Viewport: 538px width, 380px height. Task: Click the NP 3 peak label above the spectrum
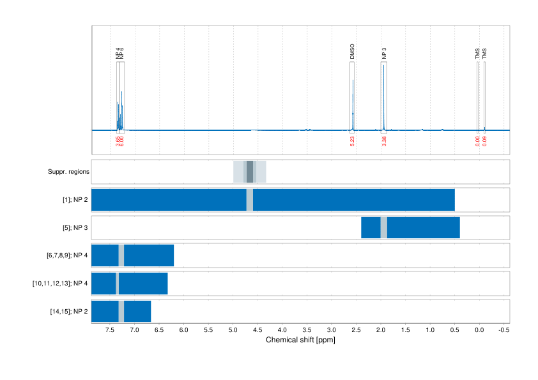tap(384, 54)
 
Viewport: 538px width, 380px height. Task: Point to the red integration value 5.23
tap(353, 141)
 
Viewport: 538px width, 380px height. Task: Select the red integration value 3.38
tap(384, 141)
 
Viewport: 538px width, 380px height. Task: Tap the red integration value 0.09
tap(485, 141)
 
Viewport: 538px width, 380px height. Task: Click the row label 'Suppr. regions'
tap(68, 172)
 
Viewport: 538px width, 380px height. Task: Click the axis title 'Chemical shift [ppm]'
tap(300, 340)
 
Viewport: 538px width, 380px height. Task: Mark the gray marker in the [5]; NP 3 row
tap(383, 228)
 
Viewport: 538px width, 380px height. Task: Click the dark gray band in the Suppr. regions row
tap(250, 172)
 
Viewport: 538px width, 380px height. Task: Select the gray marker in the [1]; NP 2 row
tap(250, 200)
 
